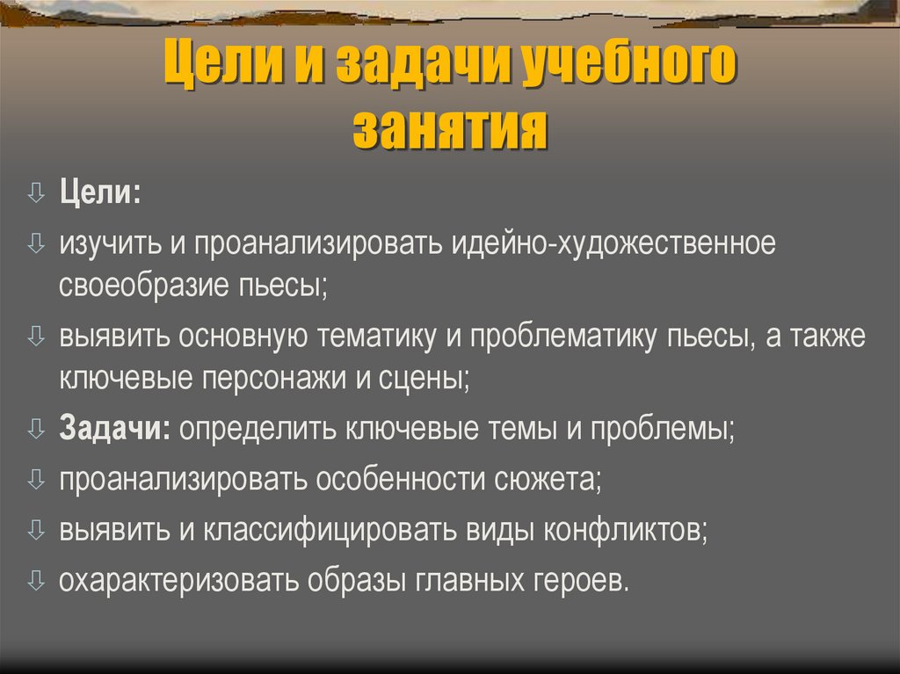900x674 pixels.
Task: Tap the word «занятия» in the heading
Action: point(450,130)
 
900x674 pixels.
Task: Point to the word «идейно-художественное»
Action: point(614,243)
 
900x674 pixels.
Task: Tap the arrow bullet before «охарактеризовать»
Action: point(35,580)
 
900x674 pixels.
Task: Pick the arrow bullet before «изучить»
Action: point(35,243)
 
